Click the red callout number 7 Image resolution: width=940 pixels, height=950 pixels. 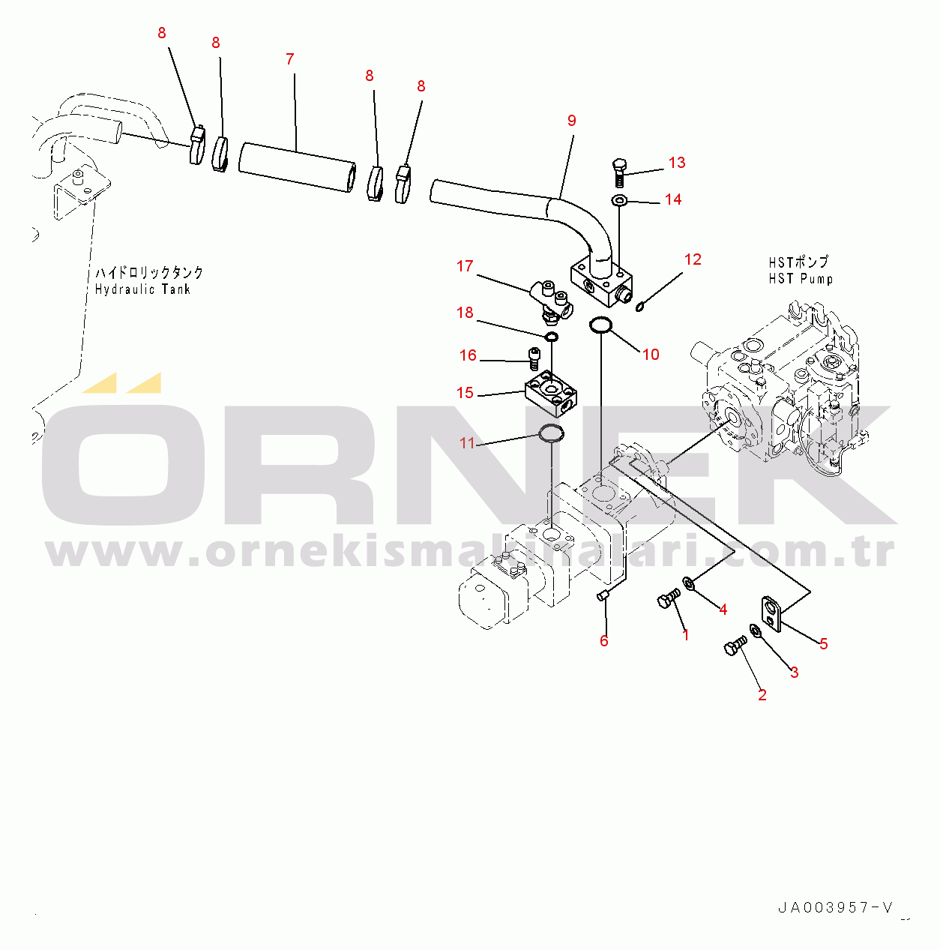click(x=290, y=59)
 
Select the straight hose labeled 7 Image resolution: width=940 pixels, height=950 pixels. click(x=298, y=168)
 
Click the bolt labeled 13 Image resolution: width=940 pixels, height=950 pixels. click(x=620, y=172)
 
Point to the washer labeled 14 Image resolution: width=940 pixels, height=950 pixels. click(x=619, y=201)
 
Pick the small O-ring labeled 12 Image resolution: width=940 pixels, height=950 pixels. click(x=640, y=307)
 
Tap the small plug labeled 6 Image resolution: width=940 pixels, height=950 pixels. click(x=603, y=597)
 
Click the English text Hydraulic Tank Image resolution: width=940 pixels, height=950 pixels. click(x=142, y=289)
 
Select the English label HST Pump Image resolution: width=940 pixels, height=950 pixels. click(x=801, y=278)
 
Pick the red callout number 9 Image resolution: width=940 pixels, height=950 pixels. click(x=571, y=121)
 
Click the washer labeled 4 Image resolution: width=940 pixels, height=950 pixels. click(x=689, y=583)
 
